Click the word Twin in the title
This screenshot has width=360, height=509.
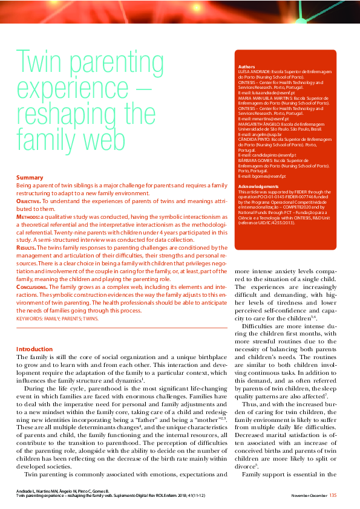point(41,62)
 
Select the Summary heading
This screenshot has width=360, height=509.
point(29,177)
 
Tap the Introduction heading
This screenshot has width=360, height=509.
point(34,349)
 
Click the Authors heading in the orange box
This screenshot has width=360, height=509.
point(246,66)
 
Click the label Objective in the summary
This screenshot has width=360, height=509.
point(28,199)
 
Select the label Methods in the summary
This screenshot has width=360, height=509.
point(28,215)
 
